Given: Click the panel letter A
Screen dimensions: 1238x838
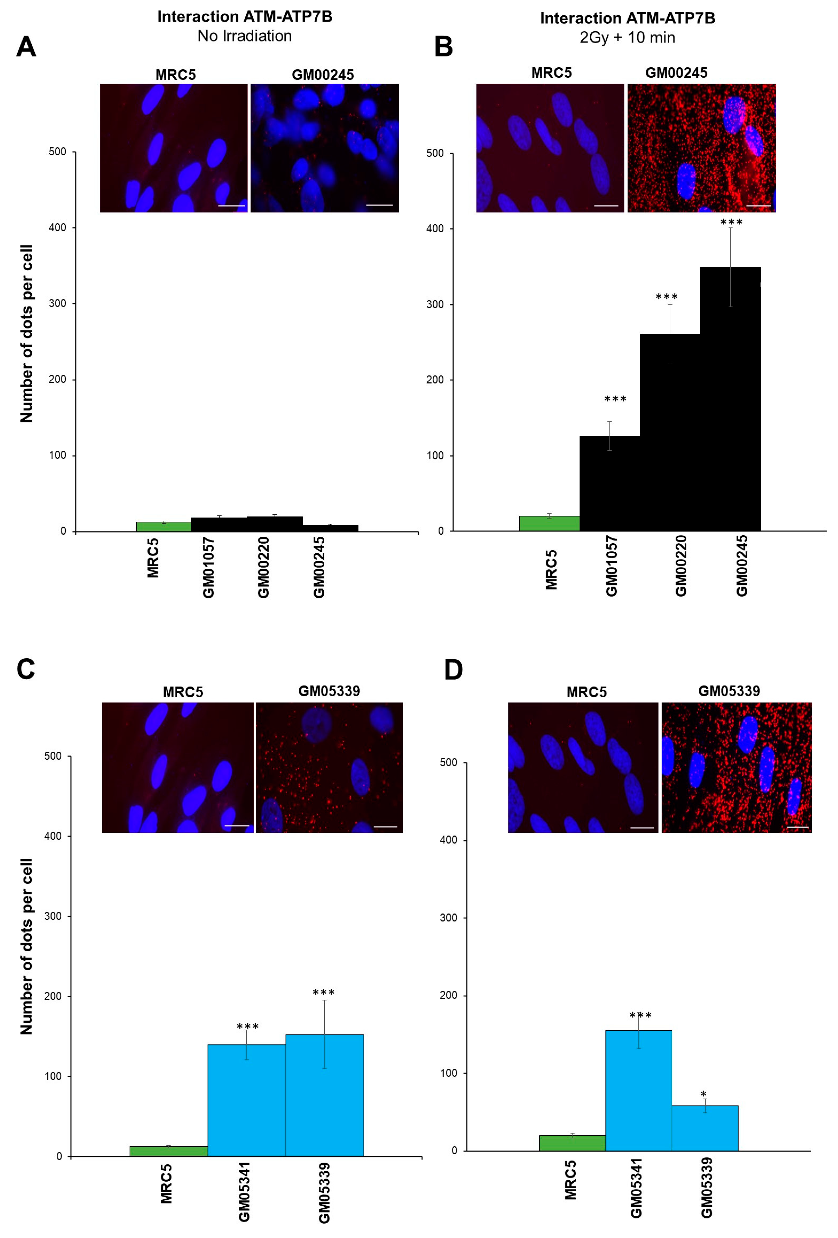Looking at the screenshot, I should click(x=26, y=47).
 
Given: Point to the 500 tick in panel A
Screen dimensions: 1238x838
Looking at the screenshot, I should click(x=58, y=152).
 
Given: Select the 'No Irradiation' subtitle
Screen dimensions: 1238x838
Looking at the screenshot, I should click(x=244, y=36).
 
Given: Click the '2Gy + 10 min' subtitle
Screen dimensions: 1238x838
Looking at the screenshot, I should click(x=627, y=38).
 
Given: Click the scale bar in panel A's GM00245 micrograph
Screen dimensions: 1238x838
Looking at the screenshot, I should click(x=379, y=205).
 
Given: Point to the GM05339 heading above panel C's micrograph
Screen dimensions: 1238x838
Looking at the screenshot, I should click(x=329, y=691).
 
